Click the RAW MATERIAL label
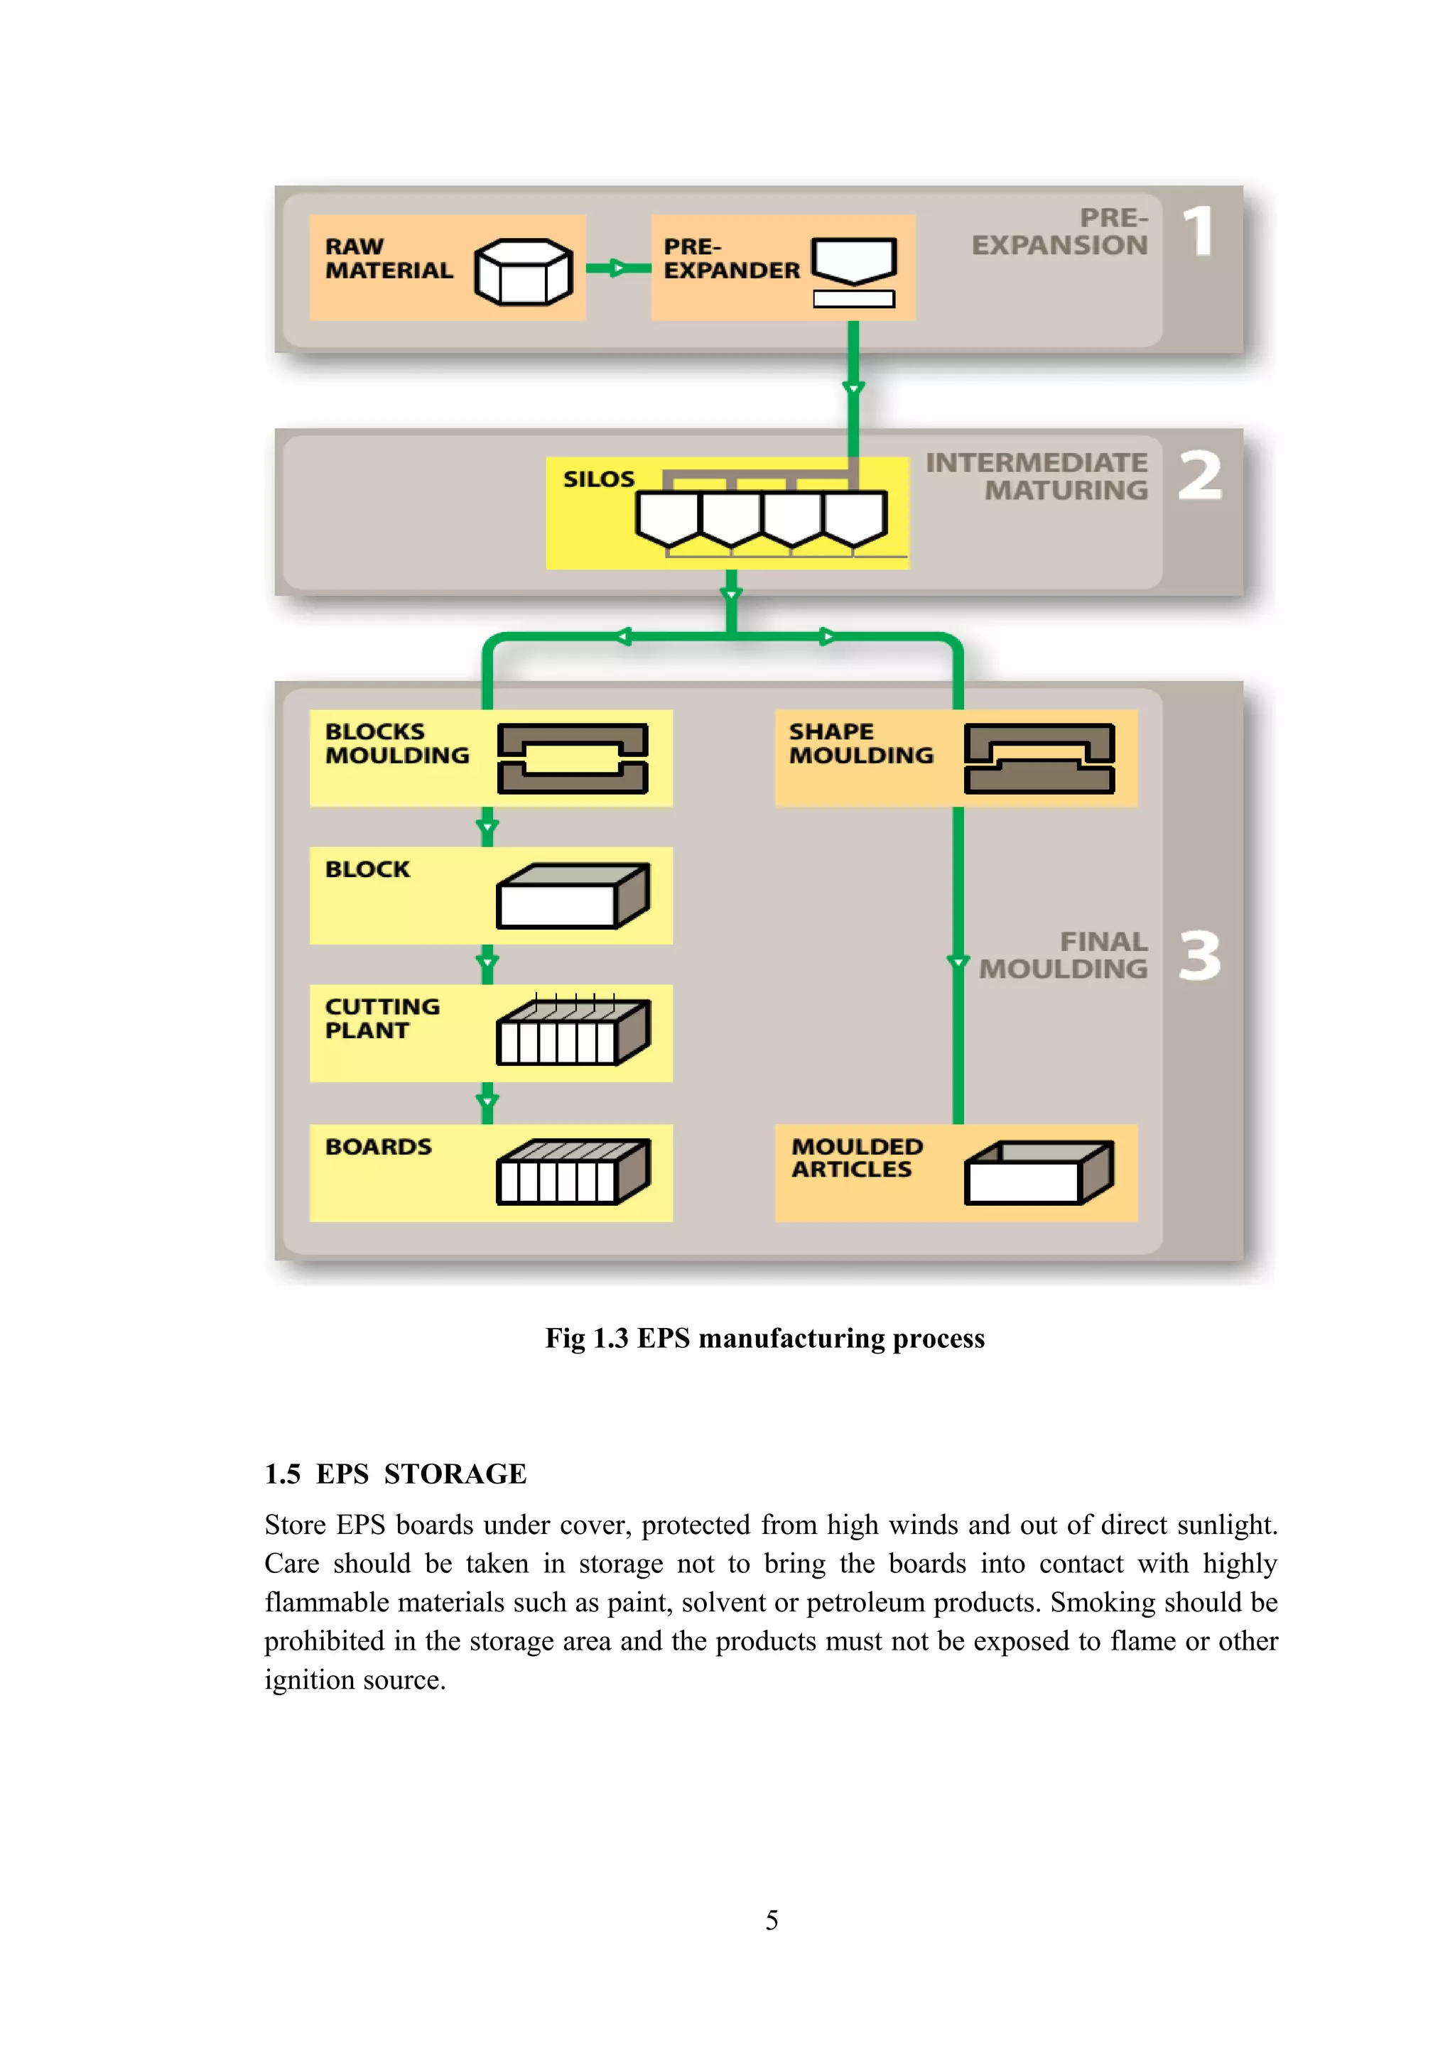[x=388, y=258]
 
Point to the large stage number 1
[x=1199, y=232]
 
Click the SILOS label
[x=599, y=479]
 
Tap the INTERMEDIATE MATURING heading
[x=1037, y=476]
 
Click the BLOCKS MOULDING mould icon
[x=573, y=758]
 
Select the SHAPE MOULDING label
[x=860, y=743]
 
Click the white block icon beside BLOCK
[x=573, y=895]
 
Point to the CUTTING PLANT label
[x=382, y=1018]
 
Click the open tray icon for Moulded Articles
[x=1039, y=1172]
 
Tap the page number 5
[x=772, y=1920]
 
